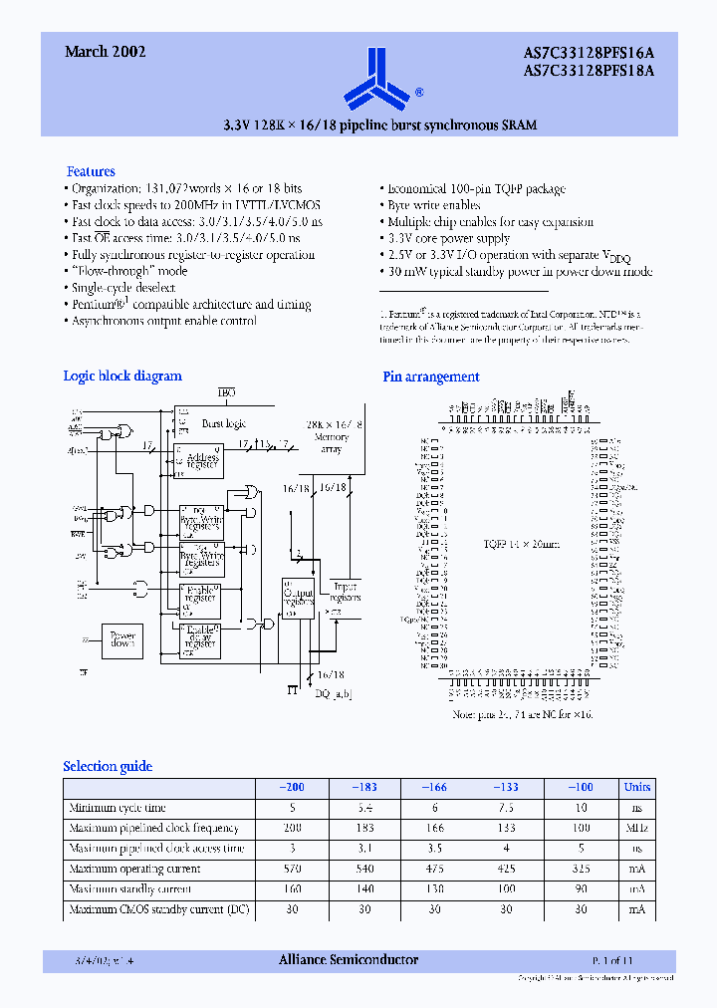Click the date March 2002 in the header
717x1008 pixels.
coord(106,52)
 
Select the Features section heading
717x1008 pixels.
coord(91,171)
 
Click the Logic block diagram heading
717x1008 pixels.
coord(122,376)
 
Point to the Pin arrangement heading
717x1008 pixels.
coord(431,377)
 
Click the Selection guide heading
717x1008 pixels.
coord(108,766)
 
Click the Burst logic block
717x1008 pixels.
coord(224,422)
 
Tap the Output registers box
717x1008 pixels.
coord(300,599)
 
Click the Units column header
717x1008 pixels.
coord(636,787)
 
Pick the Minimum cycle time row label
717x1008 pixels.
coord(118,808)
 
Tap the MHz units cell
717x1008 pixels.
coord(636,828)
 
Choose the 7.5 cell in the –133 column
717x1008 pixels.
coord(506,808)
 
